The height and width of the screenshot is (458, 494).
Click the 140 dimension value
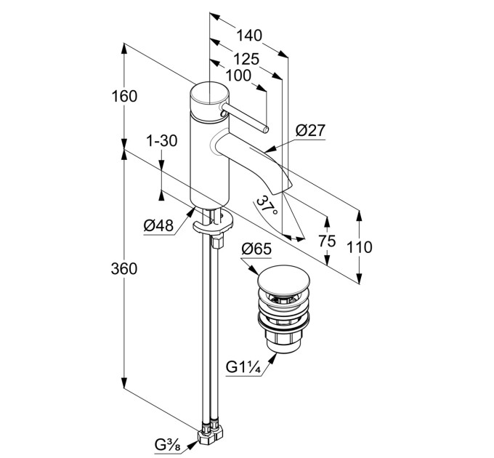(249, 36)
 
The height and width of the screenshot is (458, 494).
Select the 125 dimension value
(246, 59)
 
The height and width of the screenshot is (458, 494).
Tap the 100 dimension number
(238, 76)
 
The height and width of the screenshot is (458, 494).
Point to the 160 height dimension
(124, 97)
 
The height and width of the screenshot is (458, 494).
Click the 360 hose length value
(124, 269)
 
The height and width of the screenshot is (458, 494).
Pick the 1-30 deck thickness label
(161, 141)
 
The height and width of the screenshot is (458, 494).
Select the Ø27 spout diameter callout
(310, 130)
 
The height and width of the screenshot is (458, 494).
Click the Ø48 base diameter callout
(158, 225)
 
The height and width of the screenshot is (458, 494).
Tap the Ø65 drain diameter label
(256, 249)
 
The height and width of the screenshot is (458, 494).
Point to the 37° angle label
(267, 206)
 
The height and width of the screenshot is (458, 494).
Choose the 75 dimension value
(327, 241)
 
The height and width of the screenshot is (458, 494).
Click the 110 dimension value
(359, 247)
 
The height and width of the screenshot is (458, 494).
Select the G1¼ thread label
(244, 368)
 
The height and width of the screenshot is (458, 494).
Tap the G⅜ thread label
(167, 445)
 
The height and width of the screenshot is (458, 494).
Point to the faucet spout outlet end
(282, 188)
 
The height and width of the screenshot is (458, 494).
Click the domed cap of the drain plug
(284, 278)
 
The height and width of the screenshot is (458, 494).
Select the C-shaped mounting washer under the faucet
(212, 224)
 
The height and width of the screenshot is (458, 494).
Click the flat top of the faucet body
(209, 92)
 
